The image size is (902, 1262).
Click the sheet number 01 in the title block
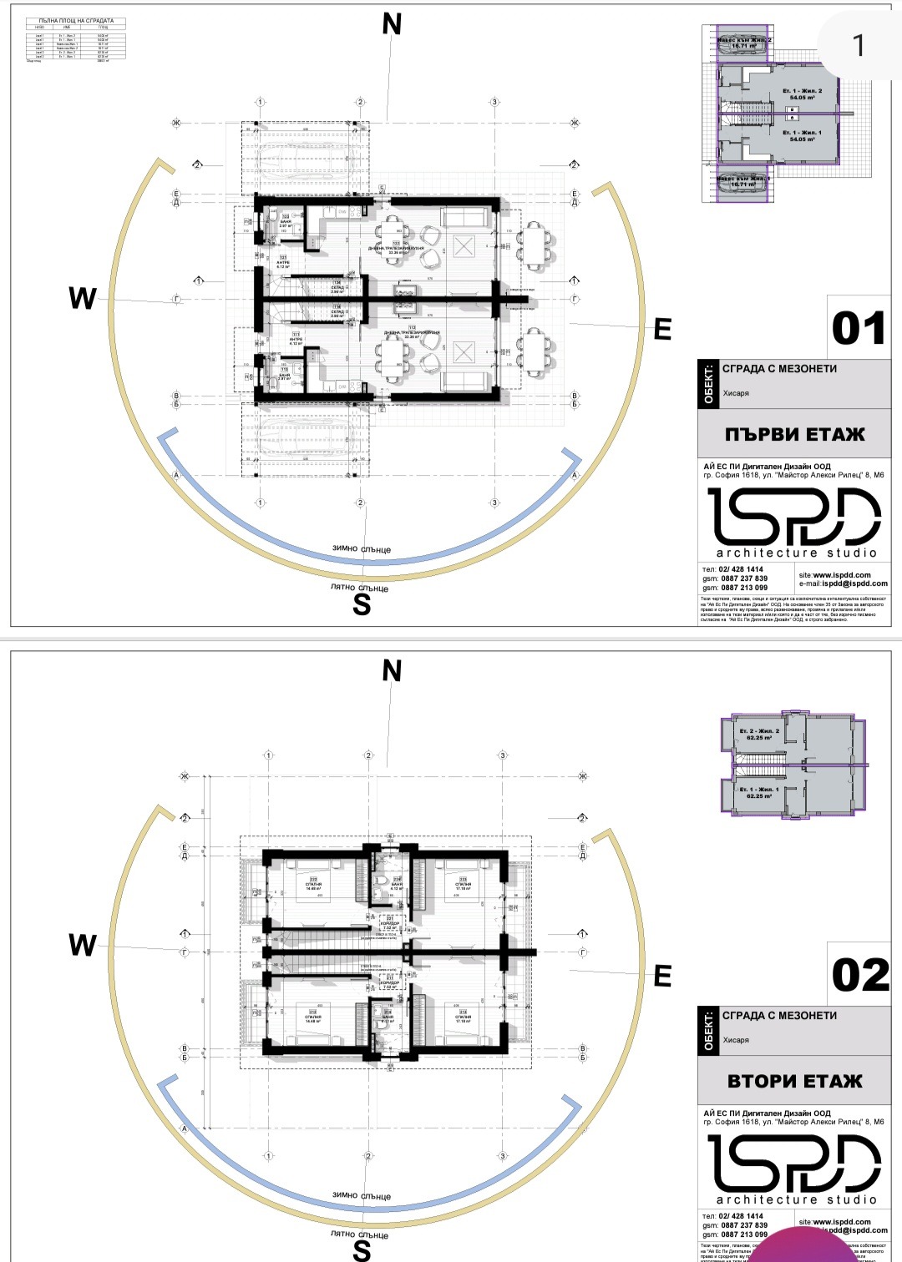pos(858,329)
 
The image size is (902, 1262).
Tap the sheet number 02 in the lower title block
pos(859,976)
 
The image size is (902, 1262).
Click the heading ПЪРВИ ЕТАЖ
pos(794,434)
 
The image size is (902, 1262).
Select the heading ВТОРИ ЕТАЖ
pos(794,1081)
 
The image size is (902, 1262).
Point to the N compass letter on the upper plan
pos(392,25)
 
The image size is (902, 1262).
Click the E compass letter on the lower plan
pos(662,976)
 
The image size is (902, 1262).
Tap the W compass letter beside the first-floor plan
pos(83,298)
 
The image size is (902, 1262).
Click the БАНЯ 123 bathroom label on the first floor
pos(285,221)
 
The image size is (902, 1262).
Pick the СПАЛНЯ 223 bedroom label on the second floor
pos(463,882)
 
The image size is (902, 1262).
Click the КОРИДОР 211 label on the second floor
pos(388,982)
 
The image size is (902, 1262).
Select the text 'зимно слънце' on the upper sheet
pos(362,549)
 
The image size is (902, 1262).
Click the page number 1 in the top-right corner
pos(859,46)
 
